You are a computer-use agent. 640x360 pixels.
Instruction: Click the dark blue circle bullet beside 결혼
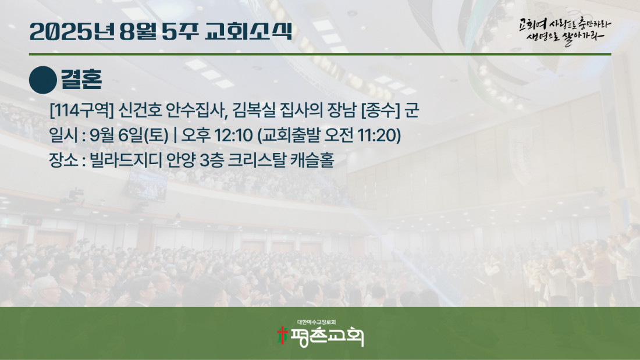click(x=43, y=80)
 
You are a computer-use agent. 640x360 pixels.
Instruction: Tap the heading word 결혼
click(x=81, y=79)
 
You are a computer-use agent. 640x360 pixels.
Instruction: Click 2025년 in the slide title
click(x=72, y=31)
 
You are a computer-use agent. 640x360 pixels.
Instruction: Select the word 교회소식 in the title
click(x=248, y=31)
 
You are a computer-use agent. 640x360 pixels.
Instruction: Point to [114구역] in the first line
click(x=81, y=110)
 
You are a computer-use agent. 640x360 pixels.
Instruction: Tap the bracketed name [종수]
click(x=381, y=110)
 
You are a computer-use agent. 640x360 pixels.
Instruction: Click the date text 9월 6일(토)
click(x=129, y=135)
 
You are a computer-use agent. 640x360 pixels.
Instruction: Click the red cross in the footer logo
click(x=282, y=335)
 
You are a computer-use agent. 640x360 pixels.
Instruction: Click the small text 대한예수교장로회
click(x=317, y=322)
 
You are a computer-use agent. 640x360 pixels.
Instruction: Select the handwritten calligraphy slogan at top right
click(x=565, y=31)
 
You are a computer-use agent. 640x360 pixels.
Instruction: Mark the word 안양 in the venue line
click(x=181, y=160)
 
